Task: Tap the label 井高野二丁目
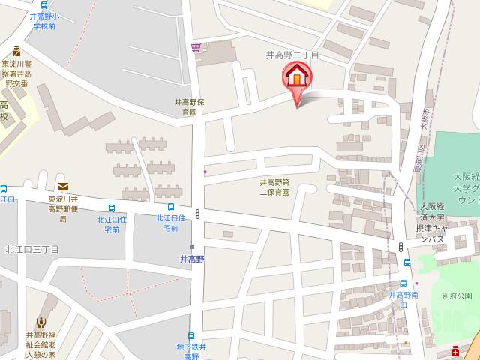(x=293, y=55)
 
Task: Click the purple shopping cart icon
(x=196, y=48)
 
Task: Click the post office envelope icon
(x=62, y=187)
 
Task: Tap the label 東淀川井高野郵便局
(x=68, y=209)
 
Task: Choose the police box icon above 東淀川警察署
(x=16, y=49)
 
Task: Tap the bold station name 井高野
(x=193, y=259)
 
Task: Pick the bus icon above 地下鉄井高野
(x=190, y=336)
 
